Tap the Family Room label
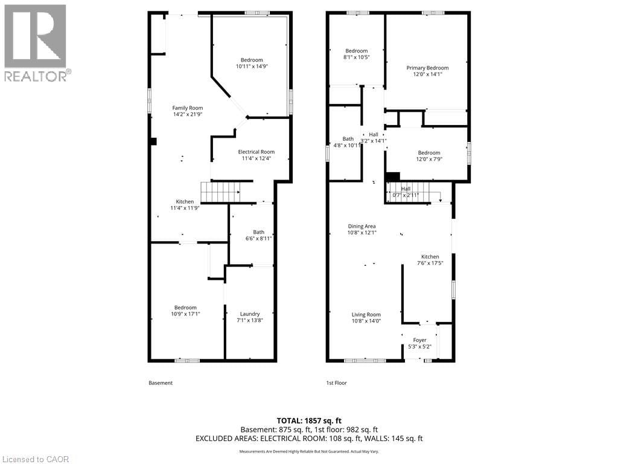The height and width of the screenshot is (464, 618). pos(188,108)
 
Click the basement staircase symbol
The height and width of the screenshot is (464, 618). pos(220,192)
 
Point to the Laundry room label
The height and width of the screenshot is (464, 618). pos(250,314)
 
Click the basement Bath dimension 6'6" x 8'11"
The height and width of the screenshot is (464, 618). pos(258,239)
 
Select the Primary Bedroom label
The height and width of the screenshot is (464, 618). pos(427,68)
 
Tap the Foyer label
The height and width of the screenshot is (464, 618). pos(419,340)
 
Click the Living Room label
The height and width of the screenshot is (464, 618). pos(366,314)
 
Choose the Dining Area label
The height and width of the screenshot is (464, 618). pos(362,226)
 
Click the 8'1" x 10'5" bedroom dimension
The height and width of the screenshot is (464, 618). pos(356,57)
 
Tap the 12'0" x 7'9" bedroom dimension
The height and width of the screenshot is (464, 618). pos(427,159)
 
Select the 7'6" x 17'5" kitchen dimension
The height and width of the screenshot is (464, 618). pos(430,263)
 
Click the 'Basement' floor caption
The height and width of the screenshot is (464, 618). pos(161,383)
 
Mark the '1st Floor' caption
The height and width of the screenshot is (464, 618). pos(337,383)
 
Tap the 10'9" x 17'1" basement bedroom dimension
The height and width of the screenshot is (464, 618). pos(185,314)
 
